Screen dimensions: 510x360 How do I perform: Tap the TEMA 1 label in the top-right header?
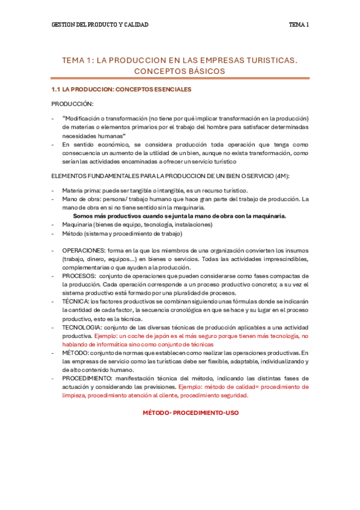tap(299, 25)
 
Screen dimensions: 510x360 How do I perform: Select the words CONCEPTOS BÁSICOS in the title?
tap(180, 71)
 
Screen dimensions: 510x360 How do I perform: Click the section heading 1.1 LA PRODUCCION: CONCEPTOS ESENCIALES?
tap(121, 90)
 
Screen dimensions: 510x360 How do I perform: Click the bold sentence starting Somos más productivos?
tap(179, 216)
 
